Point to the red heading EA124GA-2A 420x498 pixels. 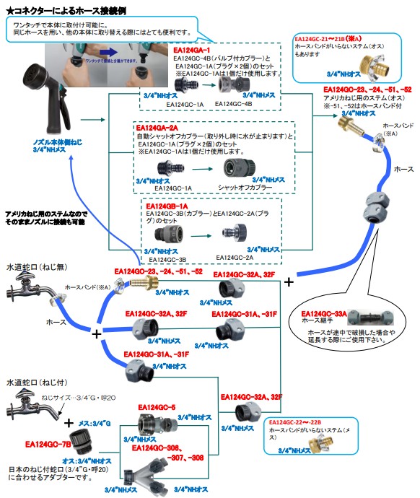(159, 127)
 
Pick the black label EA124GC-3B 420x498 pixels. (167, 259)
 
